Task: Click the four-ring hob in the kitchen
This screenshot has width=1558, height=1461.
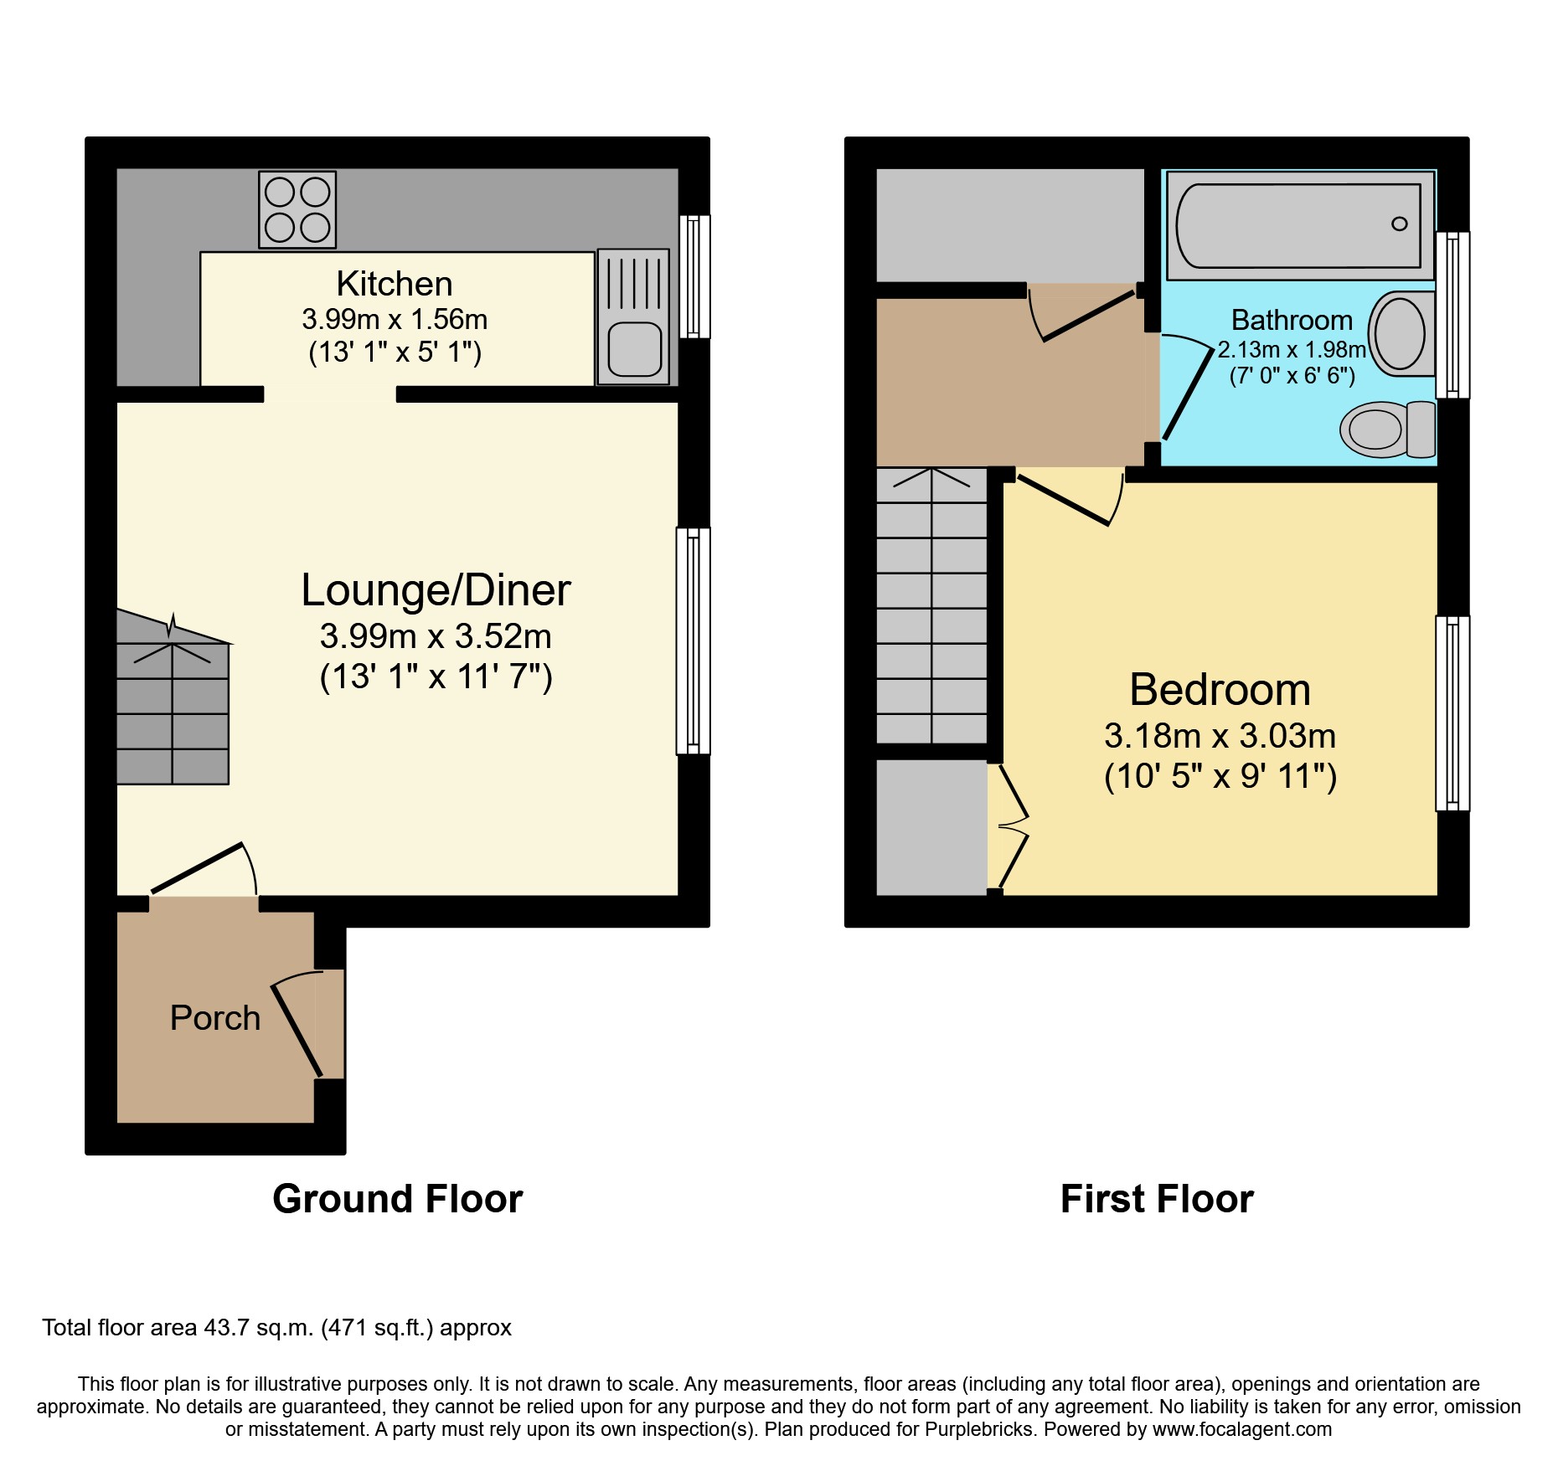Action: click(297, 209)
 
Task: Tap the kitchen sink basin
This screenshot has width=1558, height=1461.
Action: click(634, 349)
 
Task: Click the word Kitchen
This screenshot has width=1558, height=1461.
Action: click(394, 284)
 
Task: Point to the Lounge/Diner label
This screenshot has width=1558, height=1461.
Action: click(436, 589)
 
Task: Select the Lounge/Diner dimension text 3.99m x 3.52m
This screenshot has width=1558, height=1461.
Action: click(436, 636)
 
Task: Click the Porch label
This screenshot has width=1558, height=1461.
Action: click(215, 1018)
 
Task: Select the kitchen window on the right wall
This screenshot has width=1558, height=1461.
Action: click(694, 276)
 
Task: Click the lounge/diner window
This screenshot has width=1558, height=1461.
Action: click(694, 640)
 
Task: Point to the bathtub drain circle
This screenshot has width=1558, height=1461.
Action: click(1399, 224)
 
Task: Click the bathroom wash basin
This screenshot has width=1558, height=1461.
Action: click(1401, 333)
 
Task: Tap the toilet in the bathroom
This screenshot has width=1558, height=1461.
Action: click(1386, 430)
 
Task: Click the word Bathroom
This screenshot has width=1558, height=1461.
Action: click(1292, 320)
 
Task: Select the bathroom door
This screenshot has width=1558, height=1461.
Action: click(1188, 394)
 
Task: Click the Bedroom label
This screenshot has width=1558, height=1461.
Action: click(1220, 690)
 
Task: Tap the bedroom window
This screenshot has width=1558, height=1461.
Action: click(1452, 713)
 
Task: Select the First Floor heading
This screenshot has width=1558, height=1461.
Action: click(1157, 1199)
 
